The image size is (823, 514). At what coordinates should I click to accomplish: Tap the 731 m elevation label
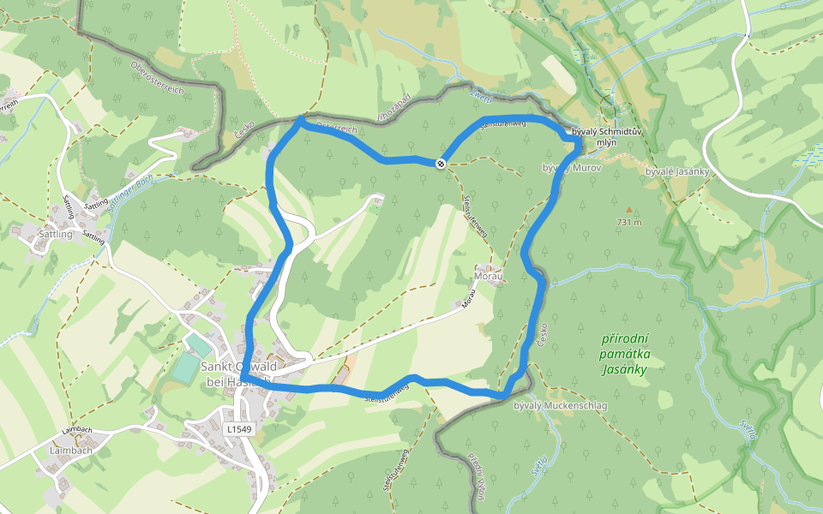click(x=629, y=222)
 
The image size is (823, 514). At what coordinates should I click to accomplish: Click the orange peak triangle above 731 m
click(x=628, y=209)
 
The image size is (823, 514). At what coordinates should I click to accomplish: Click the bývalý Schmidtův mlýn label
click(x=608, y=136)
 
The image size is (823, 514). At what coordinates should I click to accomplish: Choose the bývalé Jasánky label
click(x=676, y=171)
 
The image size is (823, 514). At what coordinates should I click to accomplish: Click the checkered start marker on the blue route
click(x=441, y=163)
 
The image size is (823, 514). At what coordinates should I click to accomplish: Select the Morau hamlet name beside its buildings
click(x=486, y=278)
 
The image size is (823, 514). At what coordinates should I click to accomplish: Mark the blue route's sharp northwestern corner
click(x=299, y=121)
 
